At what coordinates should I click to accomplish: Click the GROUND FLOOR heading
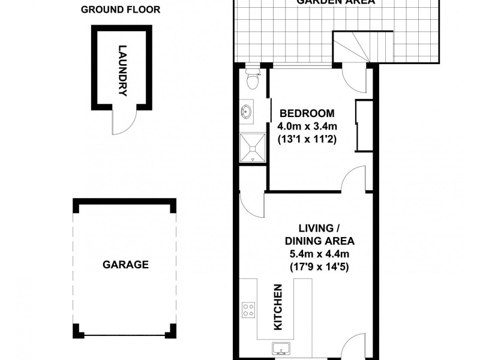click(x=121, y=10)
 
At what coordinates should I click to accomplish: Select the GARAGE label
click(x=125, y=264)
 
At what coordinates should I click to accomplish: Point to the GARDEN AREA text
click(x=336, y=2)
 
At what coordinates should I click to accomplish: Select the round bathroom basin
click(x=247, y=112)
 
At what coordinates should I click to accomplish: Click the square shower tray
click(x=252, y=147)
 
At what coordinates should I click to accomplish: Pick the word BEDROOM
click(x=307, y=113)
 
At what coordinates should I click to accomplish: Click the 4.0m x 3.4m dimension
click(x=307, y=126)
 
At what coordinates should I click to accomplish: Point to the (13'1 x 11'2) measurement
click(x=307, y=139)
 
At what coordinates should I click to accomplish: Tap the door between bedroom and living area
click(x=353, y=180)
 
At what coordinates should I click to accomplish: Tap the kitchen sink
click(x=281, y=348)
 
